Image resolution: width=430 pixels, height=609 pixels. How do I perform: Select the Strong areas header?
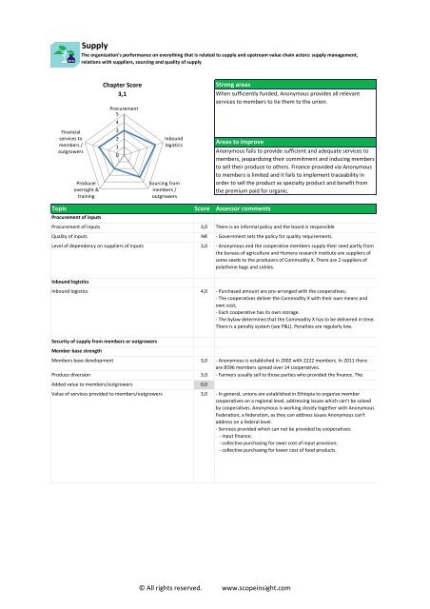[x=236, y=85]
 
